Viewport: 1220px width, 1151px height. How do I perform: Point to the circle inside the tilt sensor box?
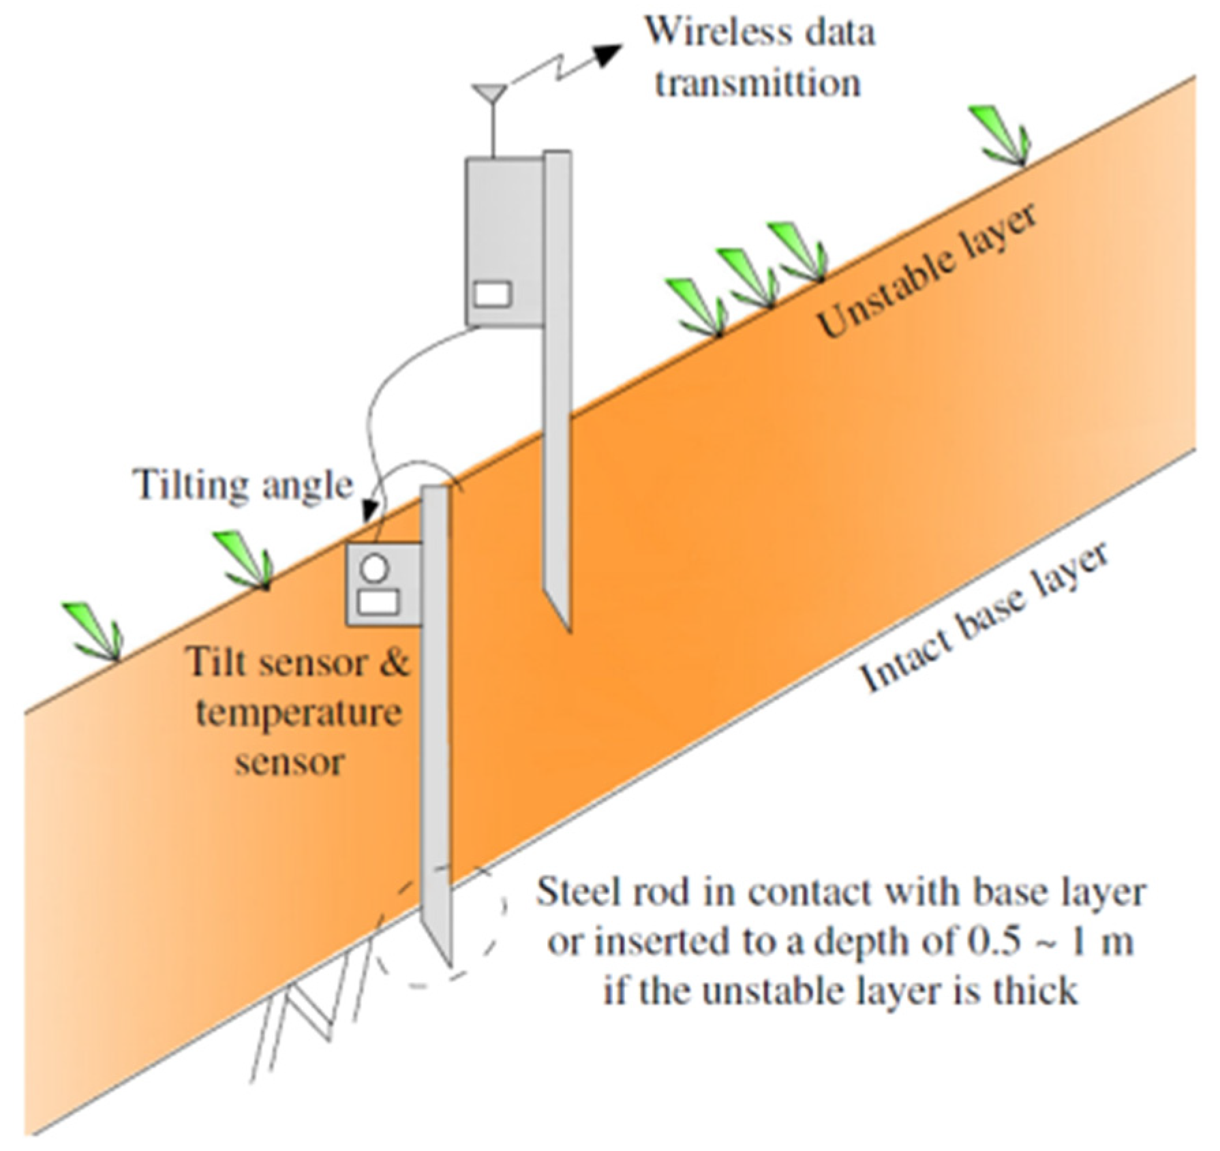(376, 567)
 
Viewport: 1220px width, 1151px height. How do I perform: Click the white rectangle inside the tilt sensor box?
(378, 602)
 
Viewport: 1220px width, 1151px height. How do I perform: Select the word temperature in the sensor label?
(299, 713)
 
